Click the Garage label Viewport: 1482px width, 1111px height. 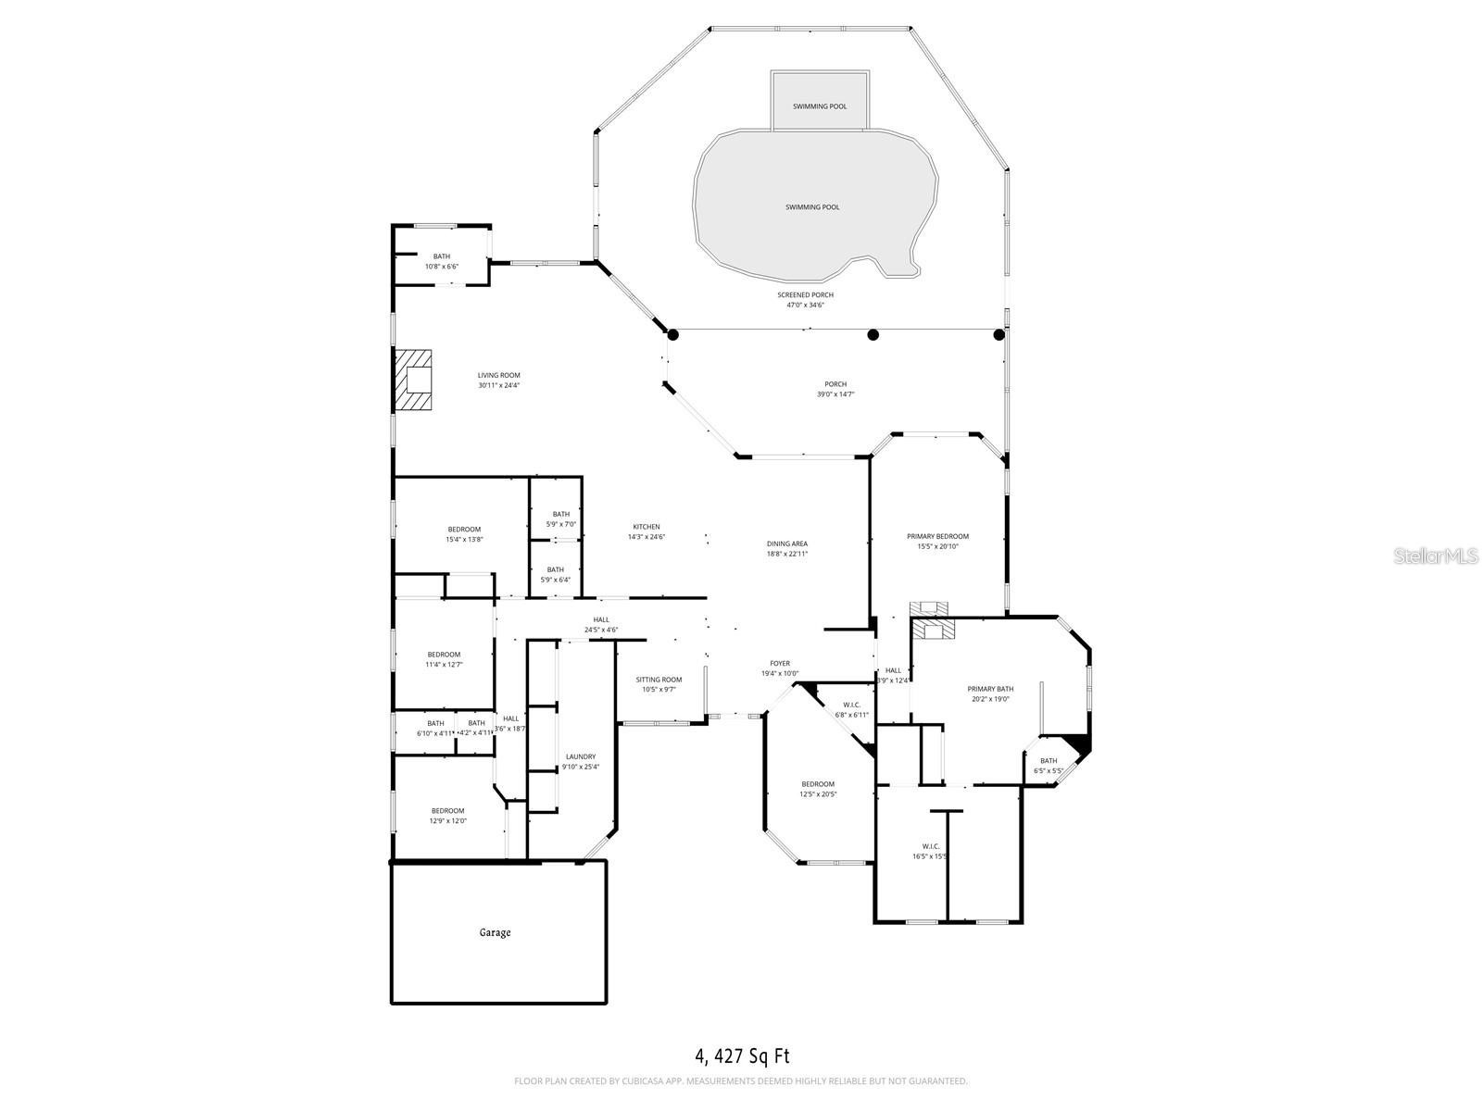[495, 932]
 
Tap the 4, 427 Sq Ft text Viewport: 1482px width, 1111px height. [742, 1055]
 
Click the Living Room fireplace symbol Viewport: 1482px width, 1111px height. [414, 380]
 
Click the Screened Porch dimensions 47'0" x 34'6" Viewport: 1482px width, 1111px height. [805, 305]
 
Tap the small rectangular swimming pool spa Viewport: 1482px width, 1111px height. [820, 102]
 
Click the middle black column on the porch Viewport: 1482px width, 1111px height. [873, 335]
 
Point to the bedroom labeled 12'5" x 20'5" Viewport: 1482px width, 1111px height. [818, 789]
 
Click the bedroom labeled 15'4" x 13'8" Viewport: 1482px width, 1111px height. [464, 534]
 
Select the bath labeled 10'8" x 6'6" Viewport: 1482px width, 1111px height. [442, 261]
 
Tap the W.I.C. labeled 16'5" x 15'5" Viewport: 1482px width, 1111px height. [931, 851]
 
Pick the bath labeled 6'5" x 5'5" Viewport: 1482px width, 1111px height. [1048, 766]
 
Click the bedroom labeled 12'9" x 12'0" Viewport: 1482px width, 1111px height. [447, 816]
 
